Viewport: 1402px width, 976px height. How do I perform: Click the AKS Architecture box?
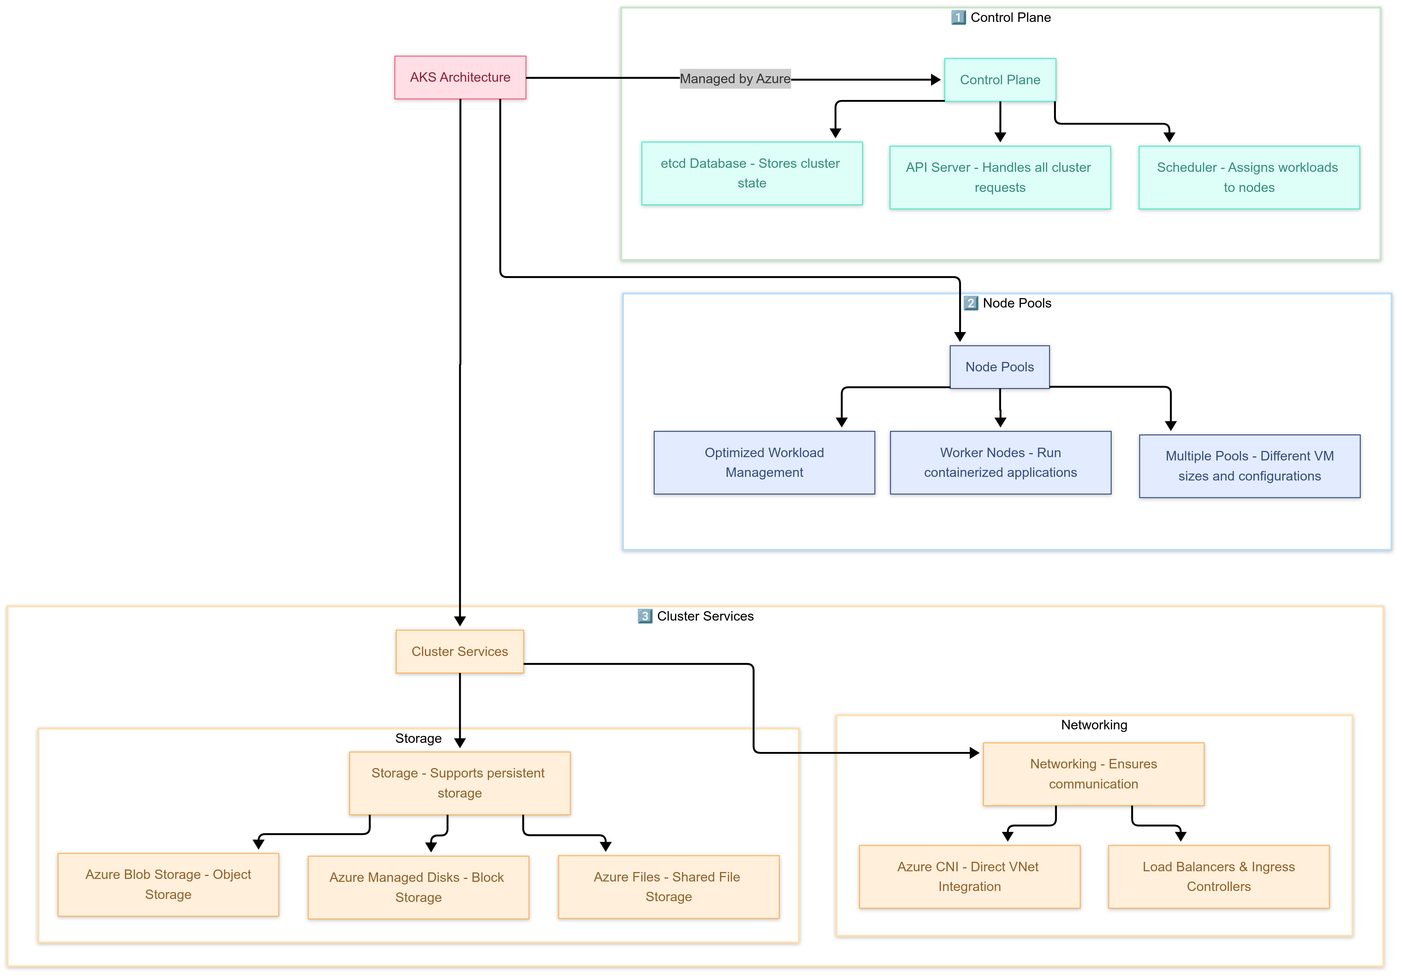pos(460,77)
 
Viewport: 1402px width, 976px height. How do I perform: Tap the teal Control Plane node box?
pos(1000,80)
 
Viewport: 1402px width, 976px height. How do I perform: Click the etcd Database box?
pos(752,173)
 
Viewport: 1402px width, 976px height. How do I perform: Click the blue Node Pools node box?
pos(1000,367)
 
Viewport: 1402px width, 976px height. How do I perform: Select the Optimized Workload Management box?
pos(764,463)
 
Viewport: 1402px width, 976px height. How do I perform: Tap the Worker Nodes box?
pos(1000,463)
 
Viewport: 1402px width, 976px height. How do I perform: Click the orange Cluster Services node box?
pos(459,651)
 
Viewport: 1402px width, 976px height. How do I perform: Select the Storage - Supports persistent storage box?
pos(459,783)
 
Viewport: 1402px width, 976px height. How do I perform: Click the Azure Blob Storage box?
pos(168,884)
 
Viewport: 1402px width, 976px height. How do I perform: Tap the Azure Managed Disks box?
pos(418,887)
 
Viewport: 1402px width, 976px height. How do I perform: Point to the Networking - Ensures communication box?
pos(1093,774)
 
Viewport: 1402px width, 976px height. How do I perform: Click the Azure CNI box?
pos(969,876)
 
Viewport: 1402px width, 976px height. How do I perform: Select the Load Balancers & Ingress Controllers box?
pos(1218,876)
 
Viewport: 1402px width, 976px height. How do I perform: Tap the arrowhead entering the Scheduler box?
pos(1169,137)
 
